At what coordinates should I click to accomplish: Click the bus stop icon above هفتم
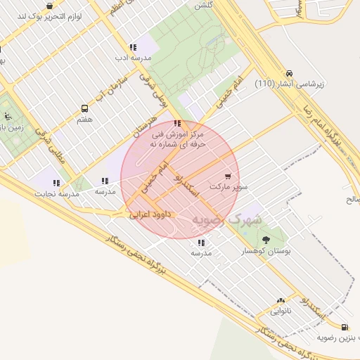point(85,108)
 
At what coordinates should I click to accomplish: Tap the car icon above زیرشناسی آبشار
point(289,72)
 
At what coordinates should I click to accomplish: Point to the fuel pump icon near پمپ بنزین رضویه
point(344,326)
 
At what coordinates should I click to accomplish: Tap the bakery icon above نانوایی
point(281,300)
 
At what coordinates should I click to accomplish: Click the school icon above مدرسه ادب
point(133,48)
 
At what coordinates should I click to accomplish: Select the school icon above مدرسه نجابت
point(56,183)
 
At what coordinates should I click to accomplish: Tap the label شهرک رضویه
point(227,220)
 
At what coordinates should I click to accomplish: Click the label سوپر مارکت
point(232,188)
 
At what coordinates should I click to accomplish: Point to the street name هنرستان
point(145,122)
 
